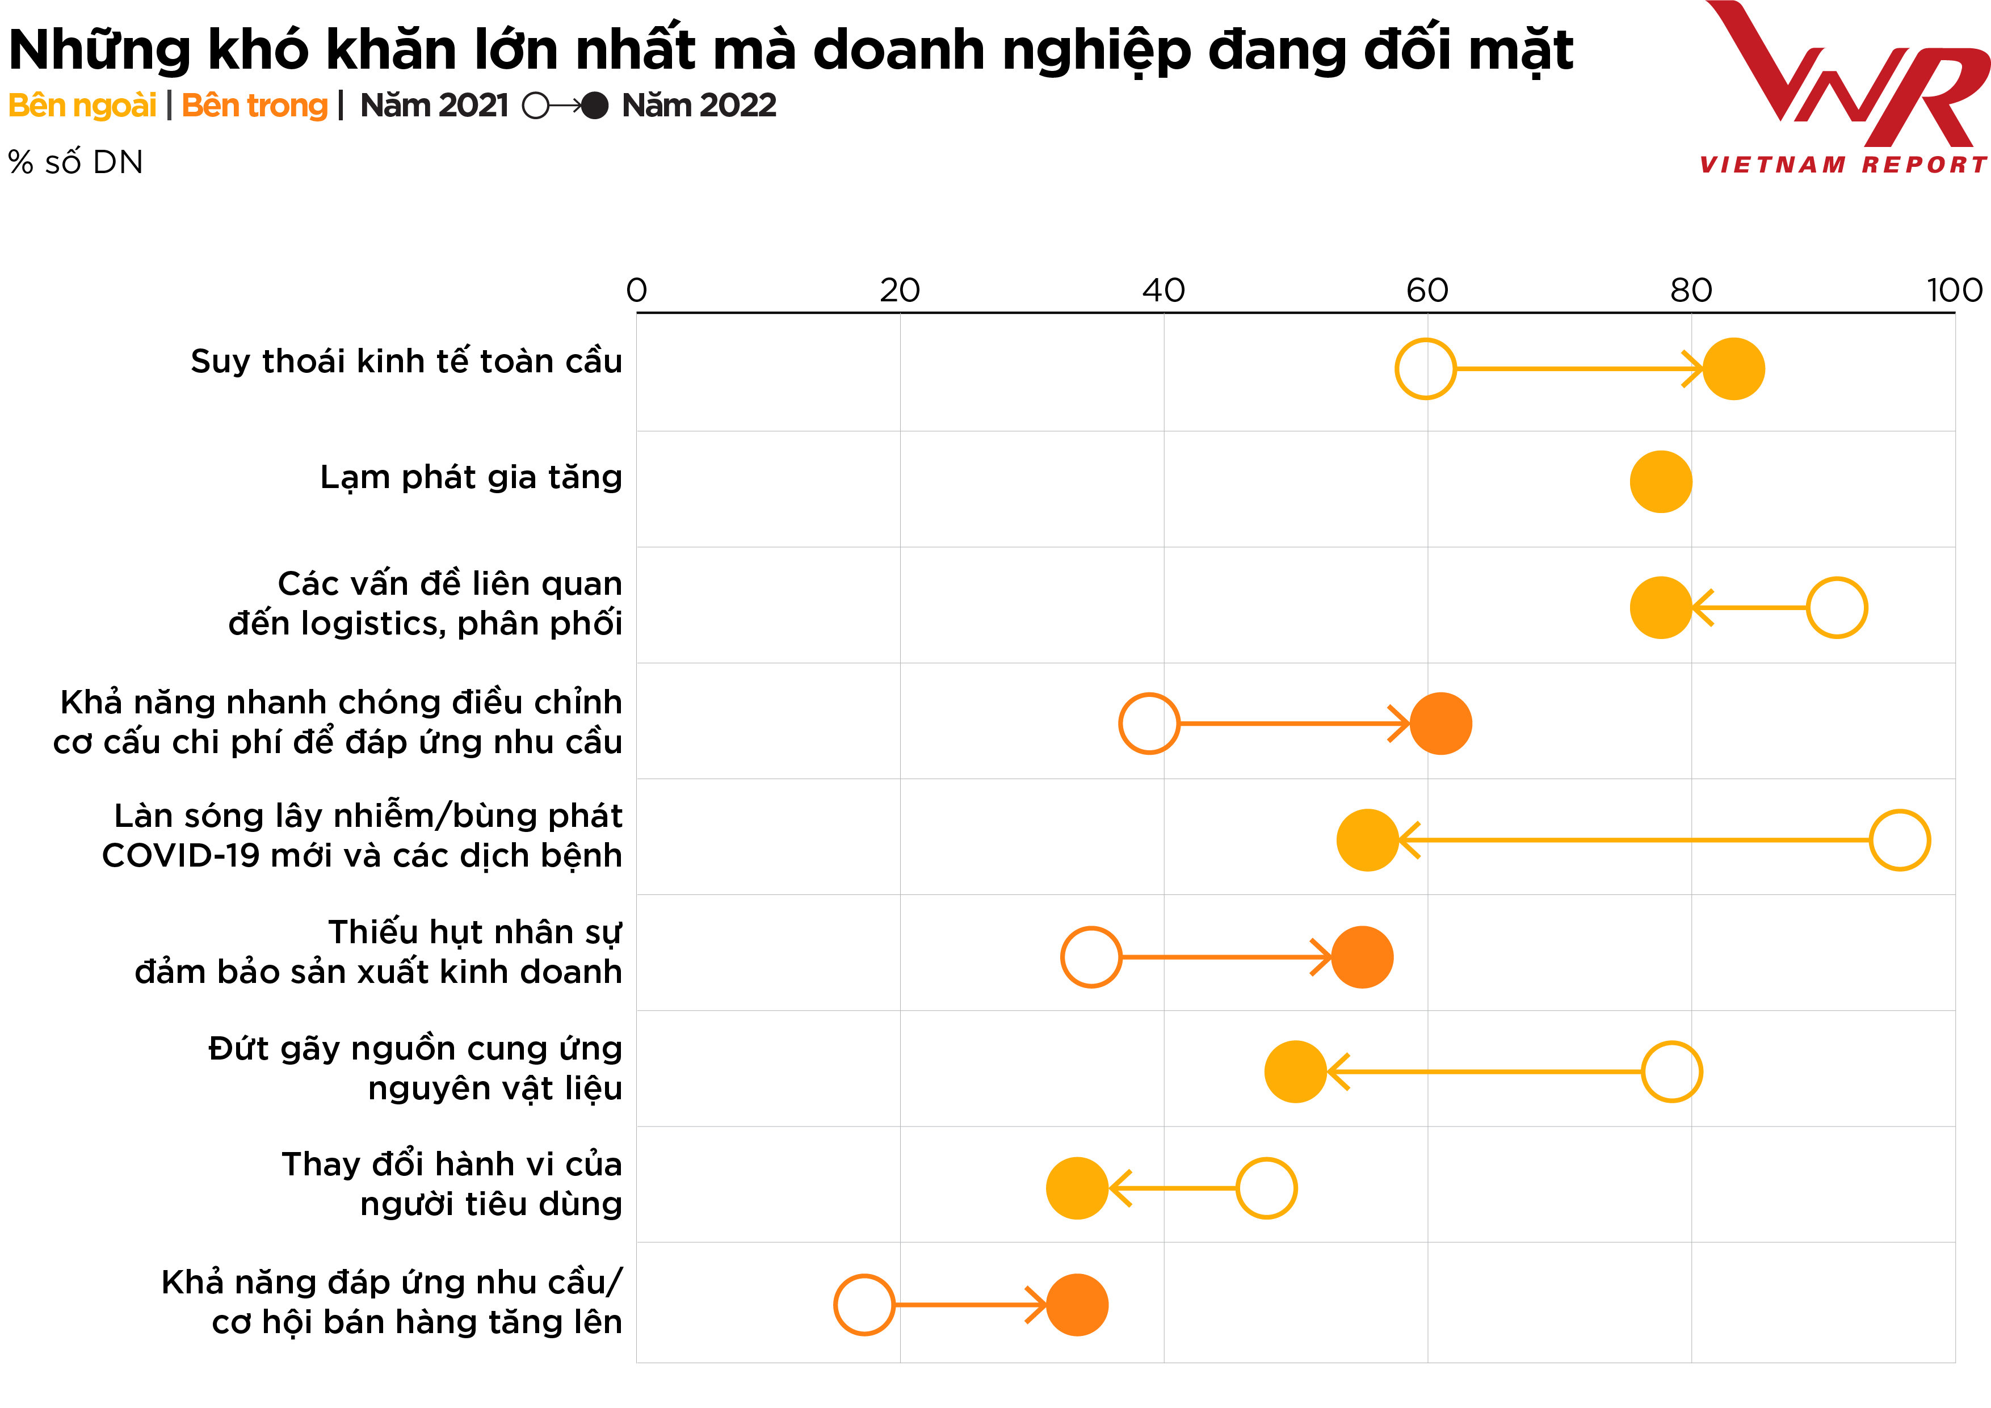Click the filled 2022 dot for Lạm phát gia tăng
(x=1661, y=482)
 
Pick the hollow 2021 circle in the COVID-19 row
(x=1899, y=840)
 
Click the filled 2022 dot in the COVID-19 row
(x=1367, y=840)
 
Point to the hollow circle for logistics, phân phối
(x=1837, y=608)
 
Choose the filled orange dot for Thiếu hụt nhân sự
(x=1362, y=957)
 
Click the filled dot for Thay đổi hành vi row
(x=1077, y=1188)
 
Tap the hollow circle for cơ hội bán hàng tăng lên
(x=864, y=1305)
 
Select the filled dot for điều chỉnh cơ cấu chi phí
(x=1440, y=723)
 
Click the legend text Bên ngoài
(x=82, y=106)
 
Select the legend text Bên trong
(x=254, y=106)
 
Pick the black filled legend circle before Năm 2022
(x=595, y=106)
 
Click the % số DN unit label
(x=75, y=162)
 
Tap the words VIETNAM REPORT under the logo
(x=1843, y=165)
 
